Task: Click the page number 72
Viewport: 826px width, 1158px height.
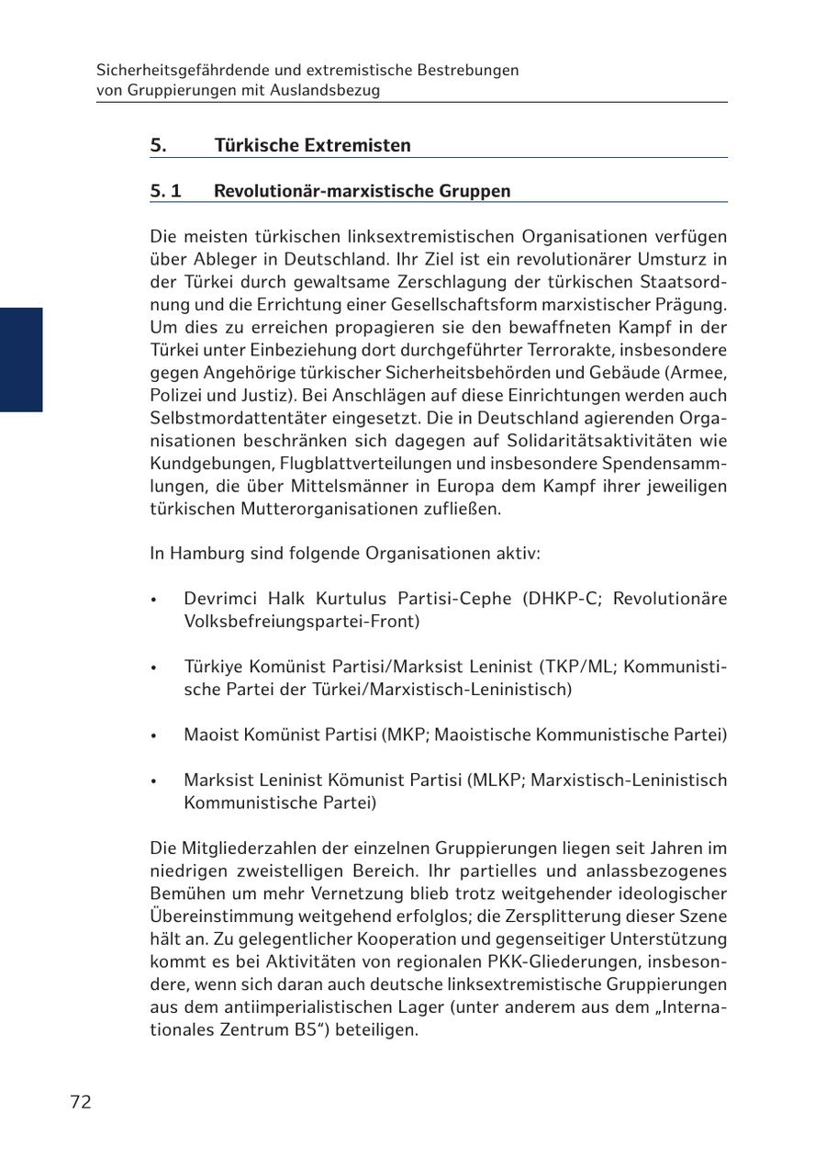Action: (x=81, y=1102)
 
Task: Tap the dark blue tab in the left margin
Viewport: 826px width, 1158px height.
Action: (x=21, y=359)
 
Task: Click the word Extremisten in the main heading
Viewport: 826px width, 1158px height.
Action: (x=358, y=145)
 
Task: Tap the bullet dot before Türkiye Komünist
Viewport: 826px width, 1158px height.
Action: (x=155, y=668)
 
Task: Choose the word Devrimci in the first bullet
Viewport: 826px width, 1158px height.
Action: (x=220, y=599)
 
